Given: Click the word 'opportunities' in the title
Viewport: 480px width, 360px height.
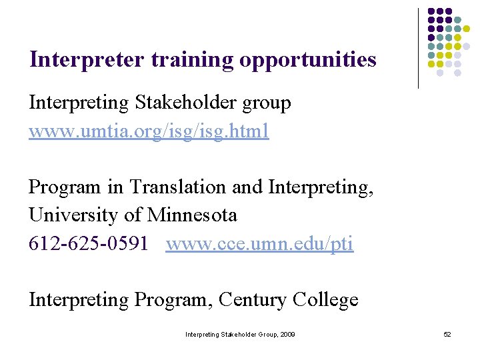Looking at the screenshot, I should pos(307,61).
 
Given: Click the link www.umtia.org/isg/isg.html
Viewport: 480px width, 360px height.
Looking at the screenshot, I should pos(149,131).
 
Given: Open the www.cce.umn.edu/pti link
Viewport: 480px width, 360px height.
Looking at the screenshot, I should pos(259,244).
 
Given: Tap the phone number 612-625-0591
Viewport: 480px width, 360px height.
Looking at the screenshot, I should pos(88,244).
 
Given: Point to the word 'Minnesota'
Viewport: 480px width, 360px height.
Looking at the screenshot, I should pos(192,215).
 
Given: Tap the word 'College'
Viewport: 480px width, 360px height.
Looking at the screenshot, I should pos(325,300).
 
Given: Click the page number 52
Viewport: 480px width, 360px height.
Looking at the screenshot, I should pos(447,334).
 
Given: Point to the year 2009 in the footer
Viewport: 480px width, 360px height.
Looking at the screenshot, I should pos(288,334).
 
